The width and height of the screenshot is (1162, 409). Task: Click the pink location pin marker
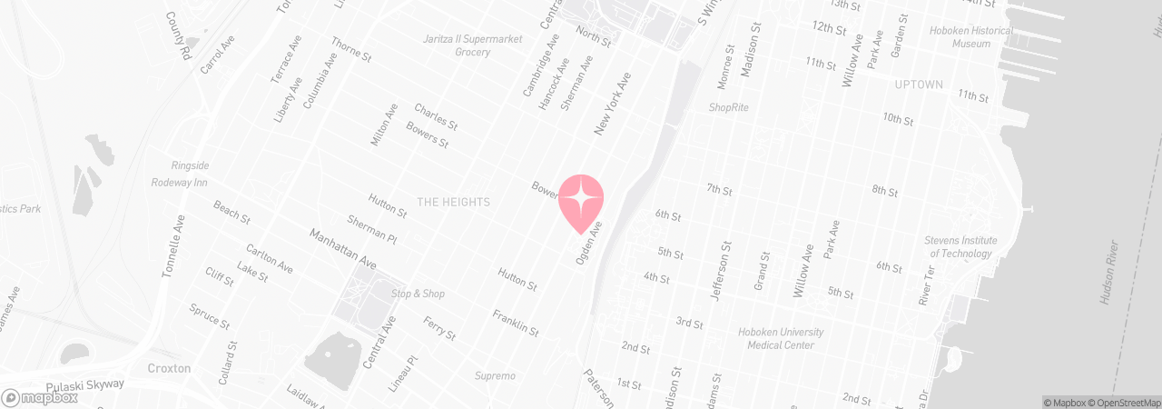coord(581,202)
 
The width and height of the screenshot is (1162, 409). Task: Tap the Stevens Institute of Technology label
coord(960,247)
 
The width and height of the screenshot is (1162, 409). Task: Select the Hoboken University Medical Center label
coord(780,338)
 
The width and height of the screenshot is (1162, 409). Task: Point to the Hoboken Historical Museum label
coord(972,36)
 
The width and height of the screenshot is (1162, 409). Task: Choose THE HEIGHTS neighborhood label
coord(453,202)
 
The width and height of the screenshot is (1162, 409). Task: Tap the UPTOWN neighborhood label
coord(919,85)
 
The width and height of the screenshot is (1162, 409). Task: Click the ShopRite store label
coord(729,107)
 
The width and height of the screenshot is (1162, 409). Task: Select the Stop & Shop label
coord(418,294)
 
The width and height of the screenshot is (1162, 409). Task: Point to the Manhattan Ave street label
coord(342,248)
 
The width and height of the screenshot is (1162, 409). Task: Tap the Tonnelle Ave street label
coord(173,245)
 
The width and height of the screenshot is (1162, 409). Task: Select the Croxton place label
coord(169,368)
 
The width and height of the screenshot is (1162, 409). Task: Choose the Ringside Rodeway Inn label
coord(179,174)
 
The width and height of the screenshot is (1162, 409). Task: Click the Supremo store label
coord(495,375)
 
